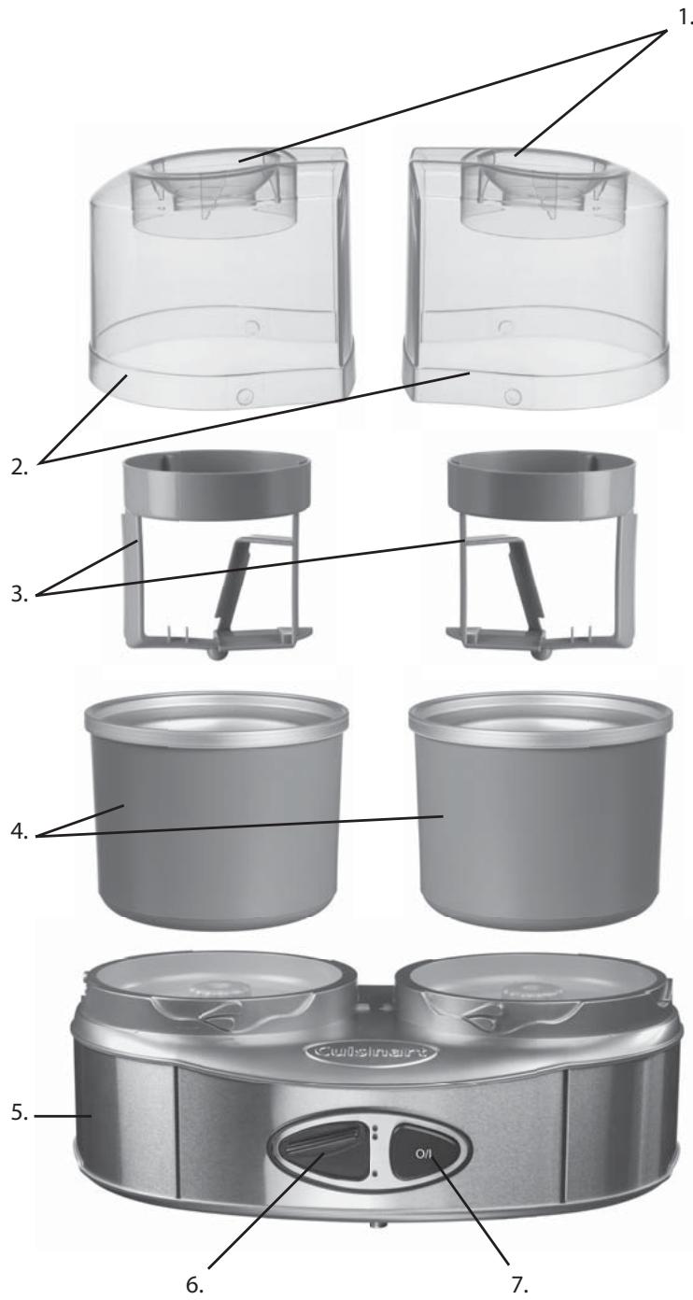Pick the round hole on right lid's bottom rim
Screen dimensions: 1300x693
tap(510, 396)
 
